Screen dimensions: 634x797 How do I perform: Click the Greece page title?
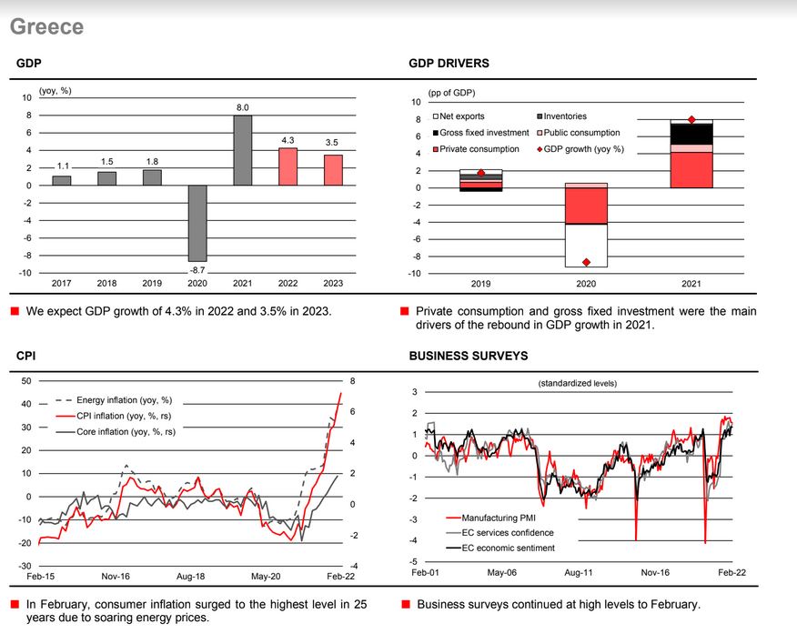46,26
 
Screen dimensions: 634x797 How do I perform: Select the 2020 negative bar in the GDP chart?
197,223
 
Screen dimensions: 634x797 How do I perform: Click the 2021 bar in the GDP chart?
242,150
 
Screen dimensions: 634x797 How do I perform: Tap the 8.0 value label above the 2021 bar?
243,108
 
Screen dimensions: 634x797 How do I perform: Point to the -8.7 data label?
197,270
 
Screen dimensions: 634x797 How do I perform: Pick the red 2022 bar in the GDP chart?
288,166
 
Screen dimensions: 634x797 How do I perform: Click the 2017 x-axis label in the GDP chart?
61,284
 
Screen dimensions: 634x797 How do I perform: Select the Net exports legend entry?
462,116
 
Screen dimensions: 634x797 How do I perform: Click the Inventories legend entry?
564,116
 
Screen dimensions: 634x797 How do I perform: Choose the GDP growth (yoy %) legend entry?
582,148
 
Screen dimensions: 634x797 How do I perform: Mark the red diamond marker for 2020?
587,262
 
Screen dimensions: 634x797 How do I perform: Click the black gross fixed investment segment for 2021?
691,134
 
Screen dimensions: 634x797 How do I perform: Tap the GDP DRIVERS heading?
449,64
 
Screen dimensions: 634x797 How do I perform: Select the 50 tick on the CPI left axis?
26,381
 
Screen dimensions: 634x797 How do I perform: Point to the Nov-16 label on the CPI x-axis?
115,577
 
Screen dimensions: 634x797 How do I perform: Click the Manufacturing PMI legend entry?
499,518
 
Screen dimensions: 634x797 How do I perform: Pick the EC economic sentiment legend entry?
508,548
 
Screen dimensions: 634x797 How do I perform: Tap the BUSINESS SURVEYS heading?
469,356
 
